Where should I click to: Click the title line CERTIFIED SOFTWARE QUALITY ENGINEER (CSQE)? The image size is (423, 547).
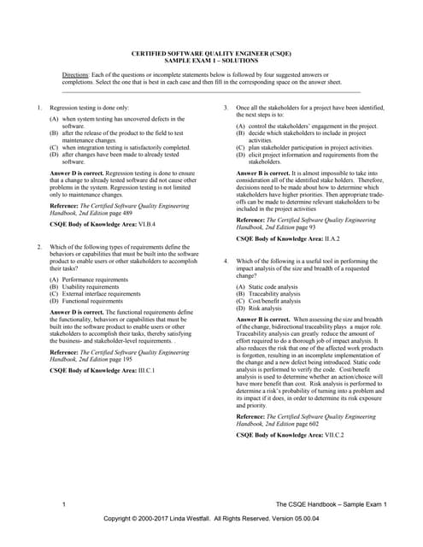[211, 53]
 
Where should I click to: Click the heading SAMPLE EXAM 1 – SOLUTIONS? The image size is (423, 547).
[211, 61]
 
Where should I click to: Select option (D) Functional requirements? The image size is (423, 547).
[89, 301]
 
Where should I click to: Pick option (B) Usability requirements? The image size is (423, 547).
[87, 286]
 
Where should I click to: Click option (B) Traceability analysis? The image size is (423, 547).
[273, 294]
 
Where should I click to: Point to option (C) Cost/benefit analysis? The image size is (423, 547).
[275, 301]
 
